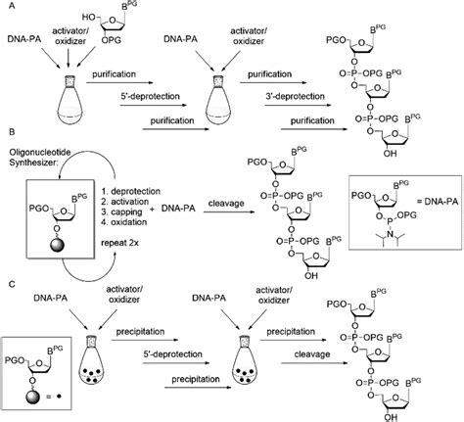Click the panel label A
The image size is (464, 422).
[x=7, y=7]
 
